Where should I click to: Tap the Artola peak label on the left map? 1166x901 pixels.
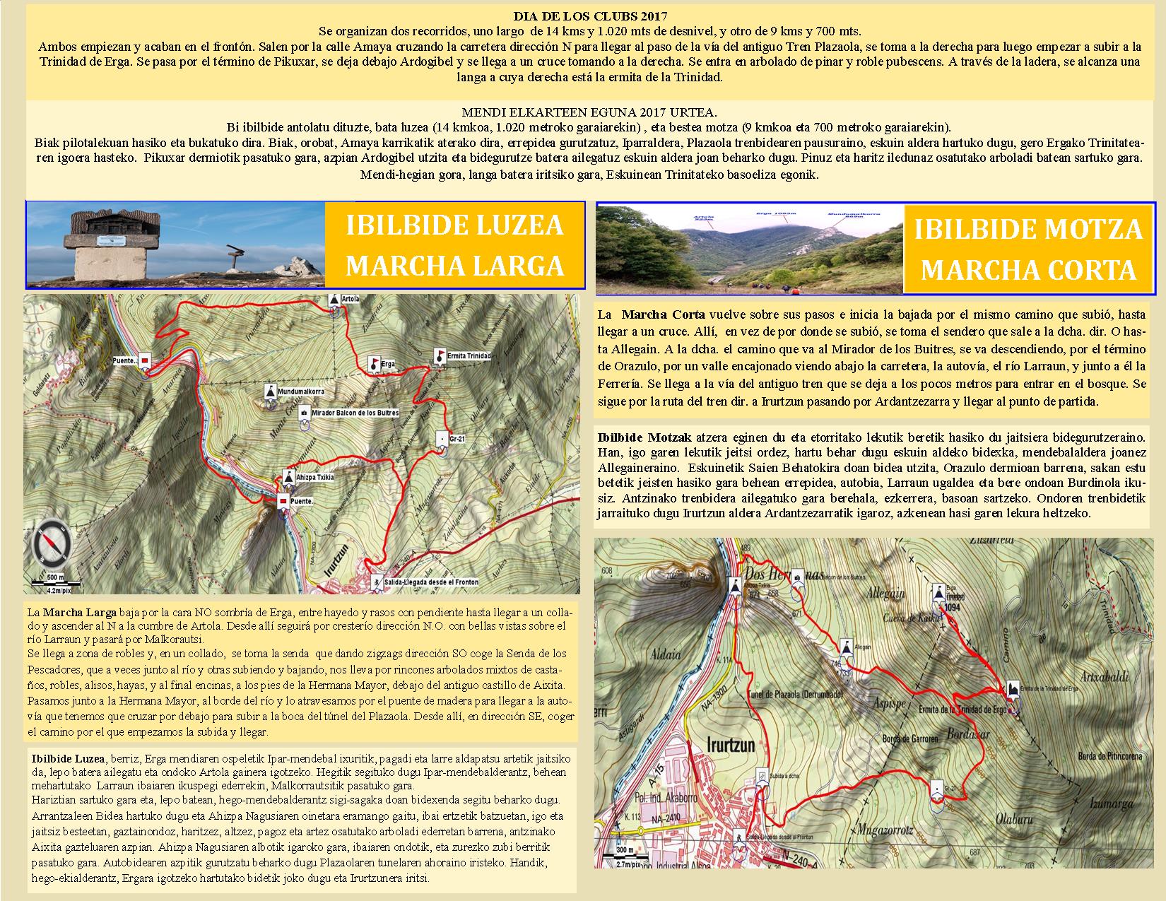click(x=350, y=299)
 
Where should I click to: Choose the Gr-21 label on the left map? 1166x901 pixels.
click(x=458, y=439)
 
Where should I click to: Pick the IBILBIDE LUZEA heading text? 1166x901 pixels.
click(x=454, y=225)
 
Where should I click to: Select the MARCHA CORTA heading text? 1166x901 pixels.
click(x=1028, y=270)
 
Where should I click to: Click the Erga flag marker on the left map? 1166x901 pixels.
click(x=373, y=364)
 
